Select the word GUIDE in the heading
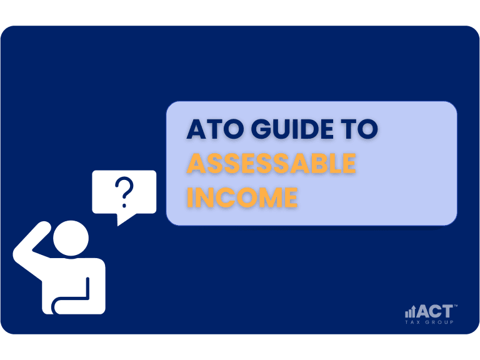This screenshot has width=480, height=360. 292,129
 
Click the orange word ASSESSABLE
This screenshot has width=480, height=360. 271,163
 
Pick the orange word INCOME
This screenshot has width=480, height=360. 242,197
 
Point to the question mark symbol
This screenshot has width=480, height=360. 124,192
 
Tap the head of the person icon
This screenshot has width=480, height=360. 71,238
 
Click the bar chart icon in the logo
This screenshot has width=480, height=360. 410,312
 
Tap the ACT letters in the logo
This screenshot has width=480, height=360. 435,311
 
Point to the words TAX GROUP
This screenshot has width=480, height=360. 429,322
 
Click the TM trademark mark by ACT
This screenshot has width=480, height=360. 456,306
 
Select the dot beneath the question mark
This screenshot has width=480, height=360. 124,206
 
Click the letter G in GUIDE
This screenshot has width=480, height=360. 262,129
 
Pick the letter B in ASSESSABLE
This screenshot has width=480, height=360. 324,163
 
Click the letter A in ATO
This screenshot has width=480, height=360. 197,129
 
